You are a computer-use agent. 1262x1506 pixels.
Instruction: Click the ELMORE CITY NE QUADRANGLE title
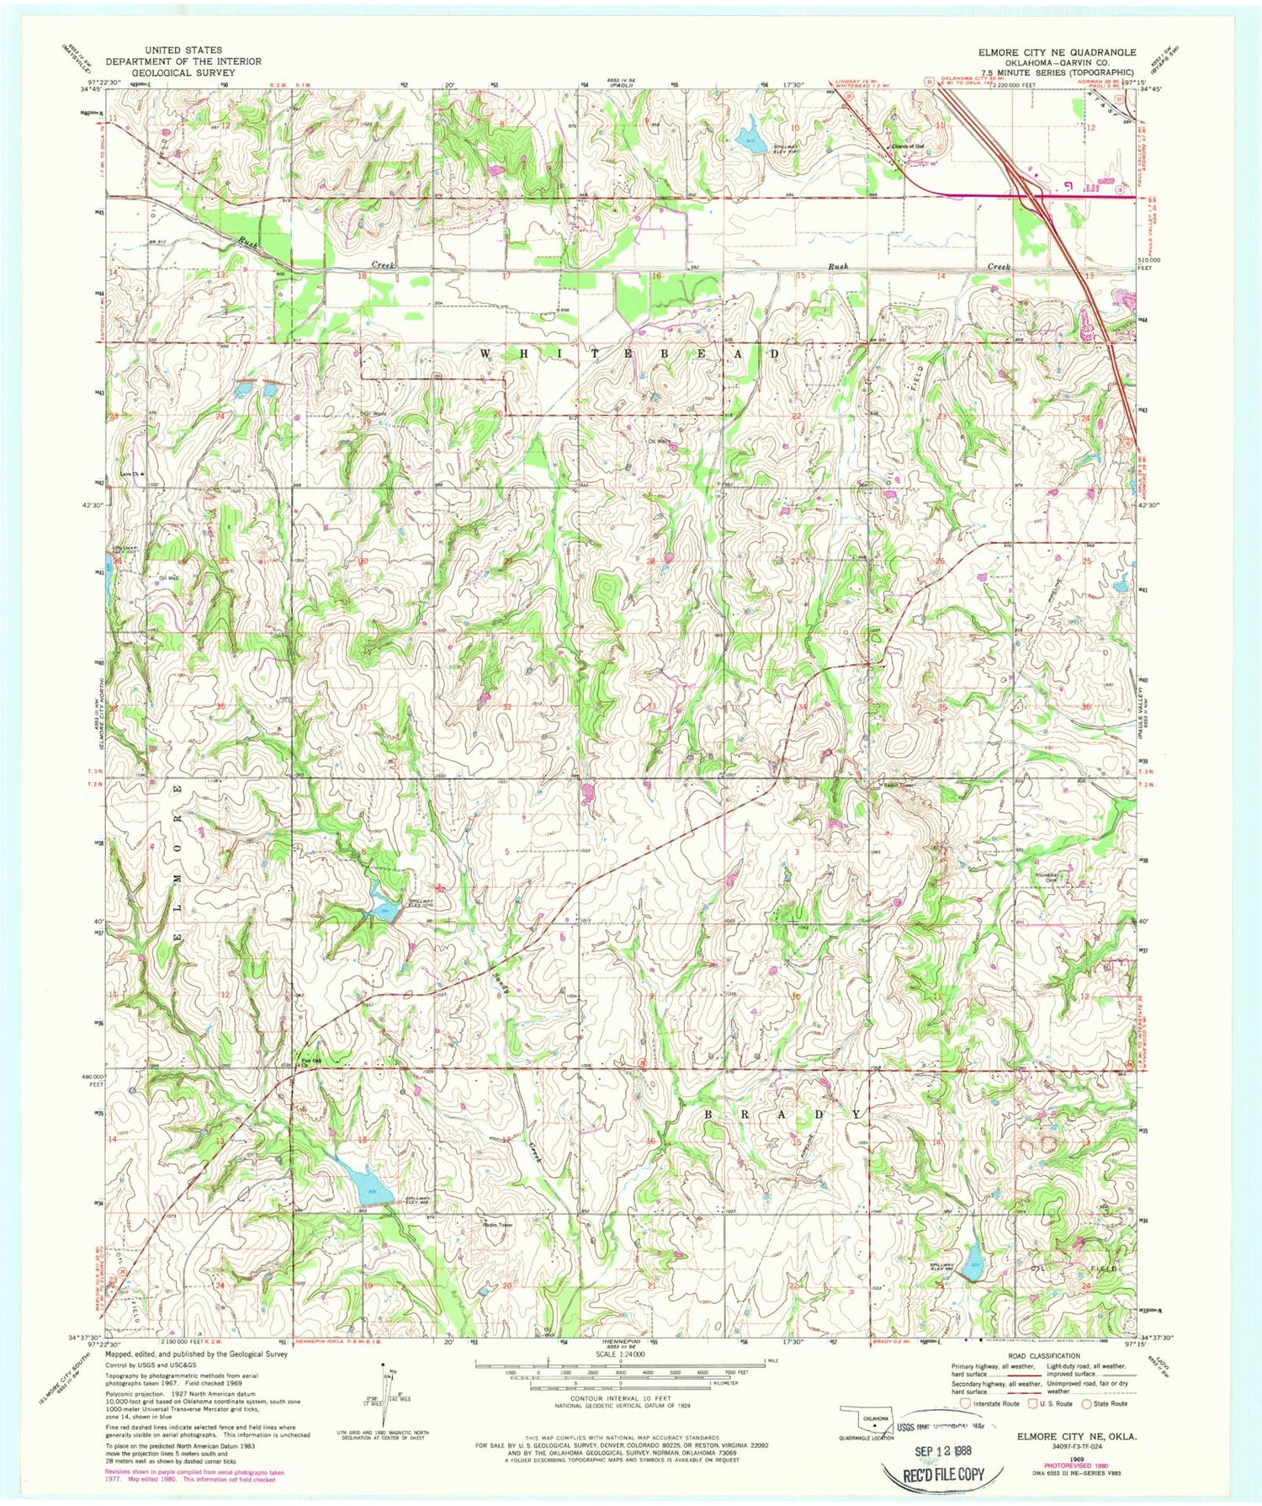click(1057, 52)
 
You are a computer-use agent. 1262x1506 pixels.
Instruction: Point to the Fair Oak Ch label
click(300, 1062)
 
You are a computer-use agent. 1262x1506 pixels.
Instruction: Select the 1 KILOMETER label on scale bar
click(725, 1382)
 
